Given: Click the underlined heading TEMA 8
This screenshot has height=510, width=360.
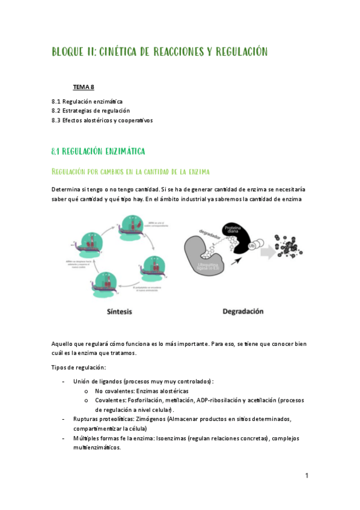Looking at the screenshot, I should pyautogui.click(x=84, y=88).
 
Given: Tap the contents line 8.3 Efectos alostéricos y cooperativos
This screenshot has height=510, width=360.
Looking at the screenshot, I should pyautogui.click(x=102, y=120).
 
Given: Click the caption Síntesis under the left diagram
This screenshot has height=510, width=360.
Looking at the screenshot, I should pyautogui.click(x=114, y=312).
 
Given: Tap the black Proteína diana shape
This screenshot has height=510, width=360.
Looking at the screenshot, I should pyautogui.click(x=234, y=238).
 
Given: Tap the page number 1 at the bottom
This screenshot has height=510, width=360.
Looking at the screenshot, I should pyautogui.click(x=307, y=476).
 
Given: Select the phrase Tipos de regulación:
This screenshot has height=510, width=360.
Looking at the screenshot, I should pyautogui.click(x=79, y=367).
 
